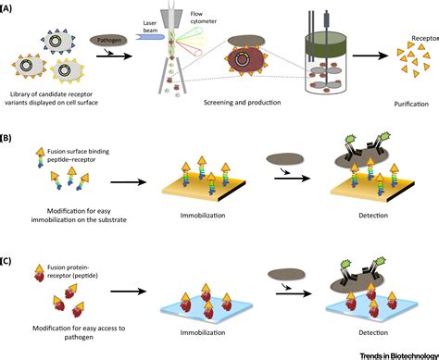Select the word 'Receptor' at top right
tap(418, 40)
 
